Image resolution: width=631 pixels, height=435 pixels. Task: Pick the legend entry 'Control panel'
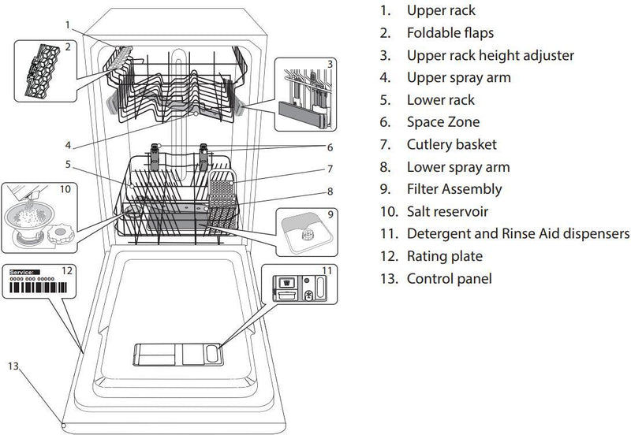pyautogui.click(x=449, y=278)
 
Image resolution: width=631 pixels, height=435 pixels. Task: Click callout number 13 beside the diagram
pyautogui.click(x=11, y=365)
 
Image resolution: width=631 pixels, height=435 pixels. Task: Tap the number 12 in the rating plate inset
pyautogui.click(x=68, y=270)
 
